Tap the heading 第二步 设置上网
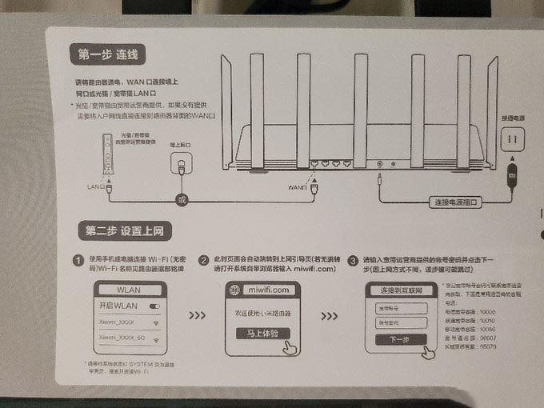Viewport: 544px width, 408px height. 124,230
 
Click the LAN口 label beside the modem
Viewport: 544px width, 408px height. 96,186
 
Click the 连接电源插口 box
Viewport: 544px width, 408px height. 458,202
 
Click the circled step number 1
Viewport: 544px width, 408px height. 78,262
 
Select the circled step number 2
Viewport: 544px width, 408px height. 204,261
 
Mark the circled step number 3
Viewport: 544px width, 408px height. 352,261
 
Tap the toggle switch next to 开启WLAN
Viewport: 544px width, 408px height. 154,306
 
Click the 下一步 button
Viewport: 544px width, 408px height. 398,339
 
